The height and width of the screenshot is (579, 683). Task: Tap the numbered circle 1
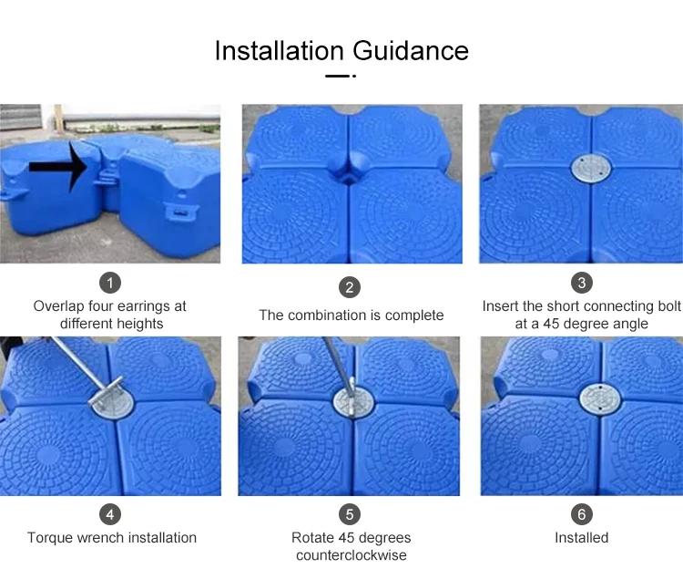pos(110,282)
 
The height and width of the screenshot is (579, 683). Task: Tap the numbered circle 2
pos(351,288)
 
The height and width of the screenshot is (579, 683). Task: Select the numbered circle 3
pos(581,282)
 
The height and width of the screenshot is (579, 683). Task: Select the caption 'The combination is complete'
pos(351,315)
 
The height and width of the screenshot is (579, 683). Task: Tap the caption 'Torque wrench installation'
pos(111,538)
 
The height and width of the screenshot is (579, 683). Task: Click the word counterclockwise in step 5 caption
pos(351,555)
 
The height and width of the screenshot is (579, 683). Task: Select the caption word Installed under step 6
pos(581,538)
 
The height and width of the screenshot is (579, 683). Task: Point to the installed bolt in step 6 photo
pos(596,397)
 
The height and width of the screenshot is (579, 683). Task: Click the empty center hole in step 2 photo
pos(350,172)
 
